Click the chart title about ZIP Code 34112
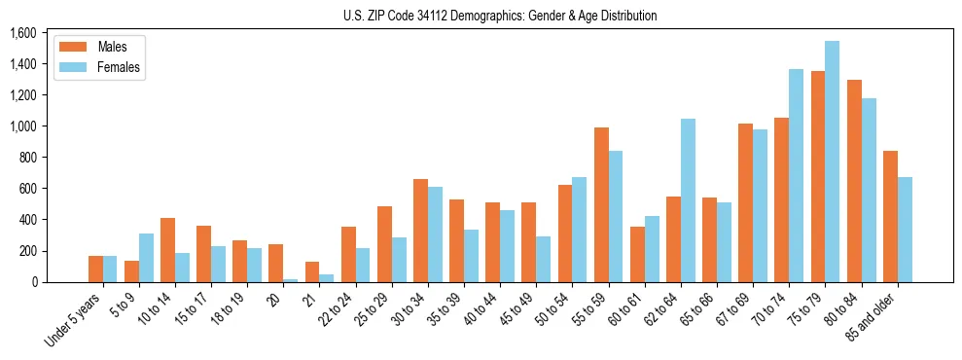[x=500, y=16]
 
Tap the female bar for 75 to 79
[x=833, y=162]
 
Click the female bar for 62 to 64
[x=688, y=200]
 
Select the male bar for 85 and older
[x=890, y=216]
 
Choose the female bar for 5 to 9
[x=146, y=258]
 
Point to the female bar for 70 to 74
[x=796, y=175]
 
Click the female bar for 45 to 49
[x=543, y=259]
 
